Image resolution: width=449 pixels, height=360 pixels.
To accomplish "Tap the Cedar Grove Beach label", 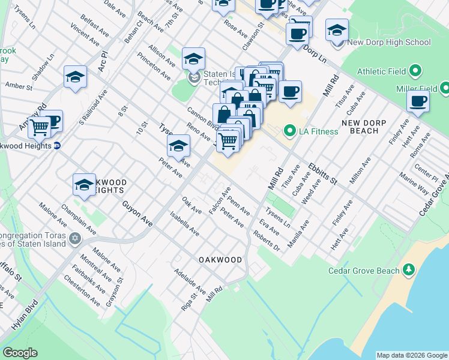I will (363, 271).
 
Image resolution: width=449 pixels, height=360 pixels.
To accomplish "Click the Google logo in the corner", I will (20, 353).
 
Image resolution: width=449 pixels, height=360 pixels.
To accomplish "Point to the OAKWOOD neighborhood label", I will (220, 260).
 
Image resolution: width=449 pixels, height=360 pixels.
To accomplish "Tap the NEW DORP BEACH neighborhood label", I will (367, 127).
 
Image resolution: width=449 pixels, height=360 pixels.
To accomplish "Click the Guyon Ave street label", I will (137, 214).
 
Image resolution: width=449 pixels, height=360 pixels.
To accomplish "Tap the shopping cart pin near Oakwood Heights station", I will (39, 126).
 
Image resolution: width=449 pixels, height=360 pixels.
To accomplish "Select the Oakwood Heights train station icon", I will (57, 146).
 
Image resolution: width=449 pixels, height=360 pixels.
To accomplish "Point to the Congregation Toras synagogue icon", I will (75, 239).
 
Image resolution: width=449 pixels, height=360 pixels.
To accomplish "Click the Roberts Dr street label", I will (268, 241).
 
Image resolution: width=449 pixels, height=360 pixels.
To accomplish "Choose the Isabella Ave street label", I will (184, 223).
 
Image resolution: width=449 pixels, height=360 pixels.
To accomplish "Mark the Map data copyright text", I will (411, 355).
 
